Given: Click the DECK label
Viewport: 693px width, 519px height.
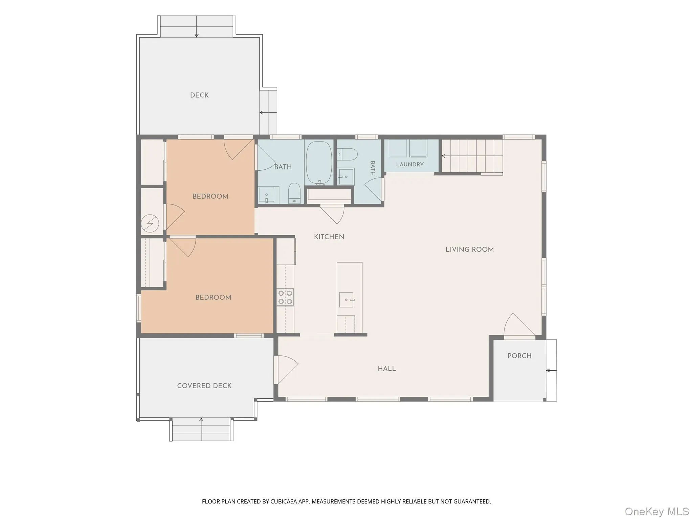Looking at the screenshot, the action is (x=199, y=95).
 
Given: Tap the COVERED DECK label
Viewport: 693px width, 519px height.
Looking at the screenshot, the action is (x=204, y=386).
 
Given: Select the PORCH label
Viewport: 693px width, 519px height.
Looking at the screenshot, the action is (x=519, y=356).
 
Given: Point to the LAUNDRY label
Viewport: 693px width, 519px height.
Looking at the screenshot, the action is (x=410, y=165).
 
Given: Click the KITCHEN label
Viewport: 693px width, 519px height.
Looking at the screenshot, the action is (x=329, y=237).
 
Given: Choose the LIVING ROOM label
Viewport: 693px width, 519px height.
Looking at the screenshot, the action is (x=469, y=250).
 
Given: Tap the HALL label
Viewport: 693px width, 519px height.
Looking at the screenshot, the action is (x=387, y=369).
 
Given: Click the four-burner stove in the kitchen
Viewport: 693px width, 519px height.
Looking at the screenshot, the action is (x=285, y=297).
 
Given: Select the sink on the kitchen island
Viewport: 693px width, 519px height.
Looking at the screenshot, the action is (x=346, y=300).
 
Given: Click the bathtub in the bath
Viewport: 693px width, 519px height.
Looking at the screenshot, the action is (x=319, y=163).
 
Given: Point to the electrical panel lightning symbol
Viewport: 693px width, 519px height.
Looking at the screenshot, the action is (x=150, y=223).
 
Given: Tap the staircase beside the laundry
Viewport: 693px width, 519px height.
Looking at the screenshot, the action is (x=472, y=156).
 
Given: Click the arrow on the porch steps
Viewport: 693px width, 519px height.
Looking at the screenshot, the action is (x=551, y=371).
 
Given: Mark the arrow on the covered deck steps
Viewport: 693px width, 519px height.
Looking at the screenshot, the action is (x=201, y=429).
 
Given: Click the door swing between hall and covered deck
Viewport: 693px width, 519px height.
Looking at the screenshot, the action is (x=287, y=369).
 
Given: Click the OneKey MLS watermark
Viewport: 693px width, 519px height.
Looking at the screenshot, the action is (x=657, y=511).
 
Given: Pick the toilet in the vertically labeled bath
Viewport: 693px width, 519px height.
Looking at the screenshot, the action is (x=347, y=154).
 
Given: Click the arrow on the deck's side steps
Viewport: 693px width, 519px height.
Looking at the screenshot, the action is (x=268, y=113).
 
